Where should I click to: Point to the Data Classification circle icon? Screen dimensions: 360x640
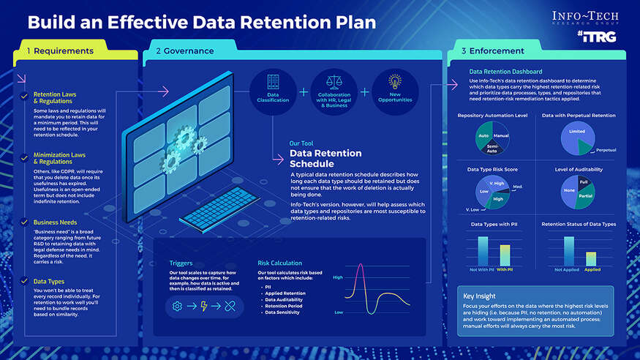pyautogui.click(x=272, y=92)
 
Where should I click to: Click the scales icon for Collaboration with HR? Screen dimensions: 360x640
pyautogui.click(x=334, y=82)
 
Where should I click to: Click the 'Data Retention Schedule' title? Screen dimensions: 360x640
pyautogui.click(x=325, y=159)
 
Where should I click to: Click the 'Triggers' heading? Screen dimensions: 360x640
pyautogui.click(x=181, y=263)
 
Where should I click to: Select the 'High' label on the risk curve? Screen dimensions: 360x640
pyautogui.click(x=337, y=277)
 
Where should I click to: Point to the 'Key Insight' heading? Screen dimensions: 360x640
pyautogui.click(x=479, y=296)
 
